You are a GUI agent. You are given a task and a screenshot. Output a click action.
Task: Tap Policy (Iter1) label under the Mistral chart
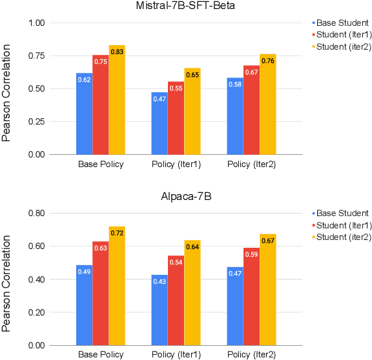pyautogui.click(x=176, y=165)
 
